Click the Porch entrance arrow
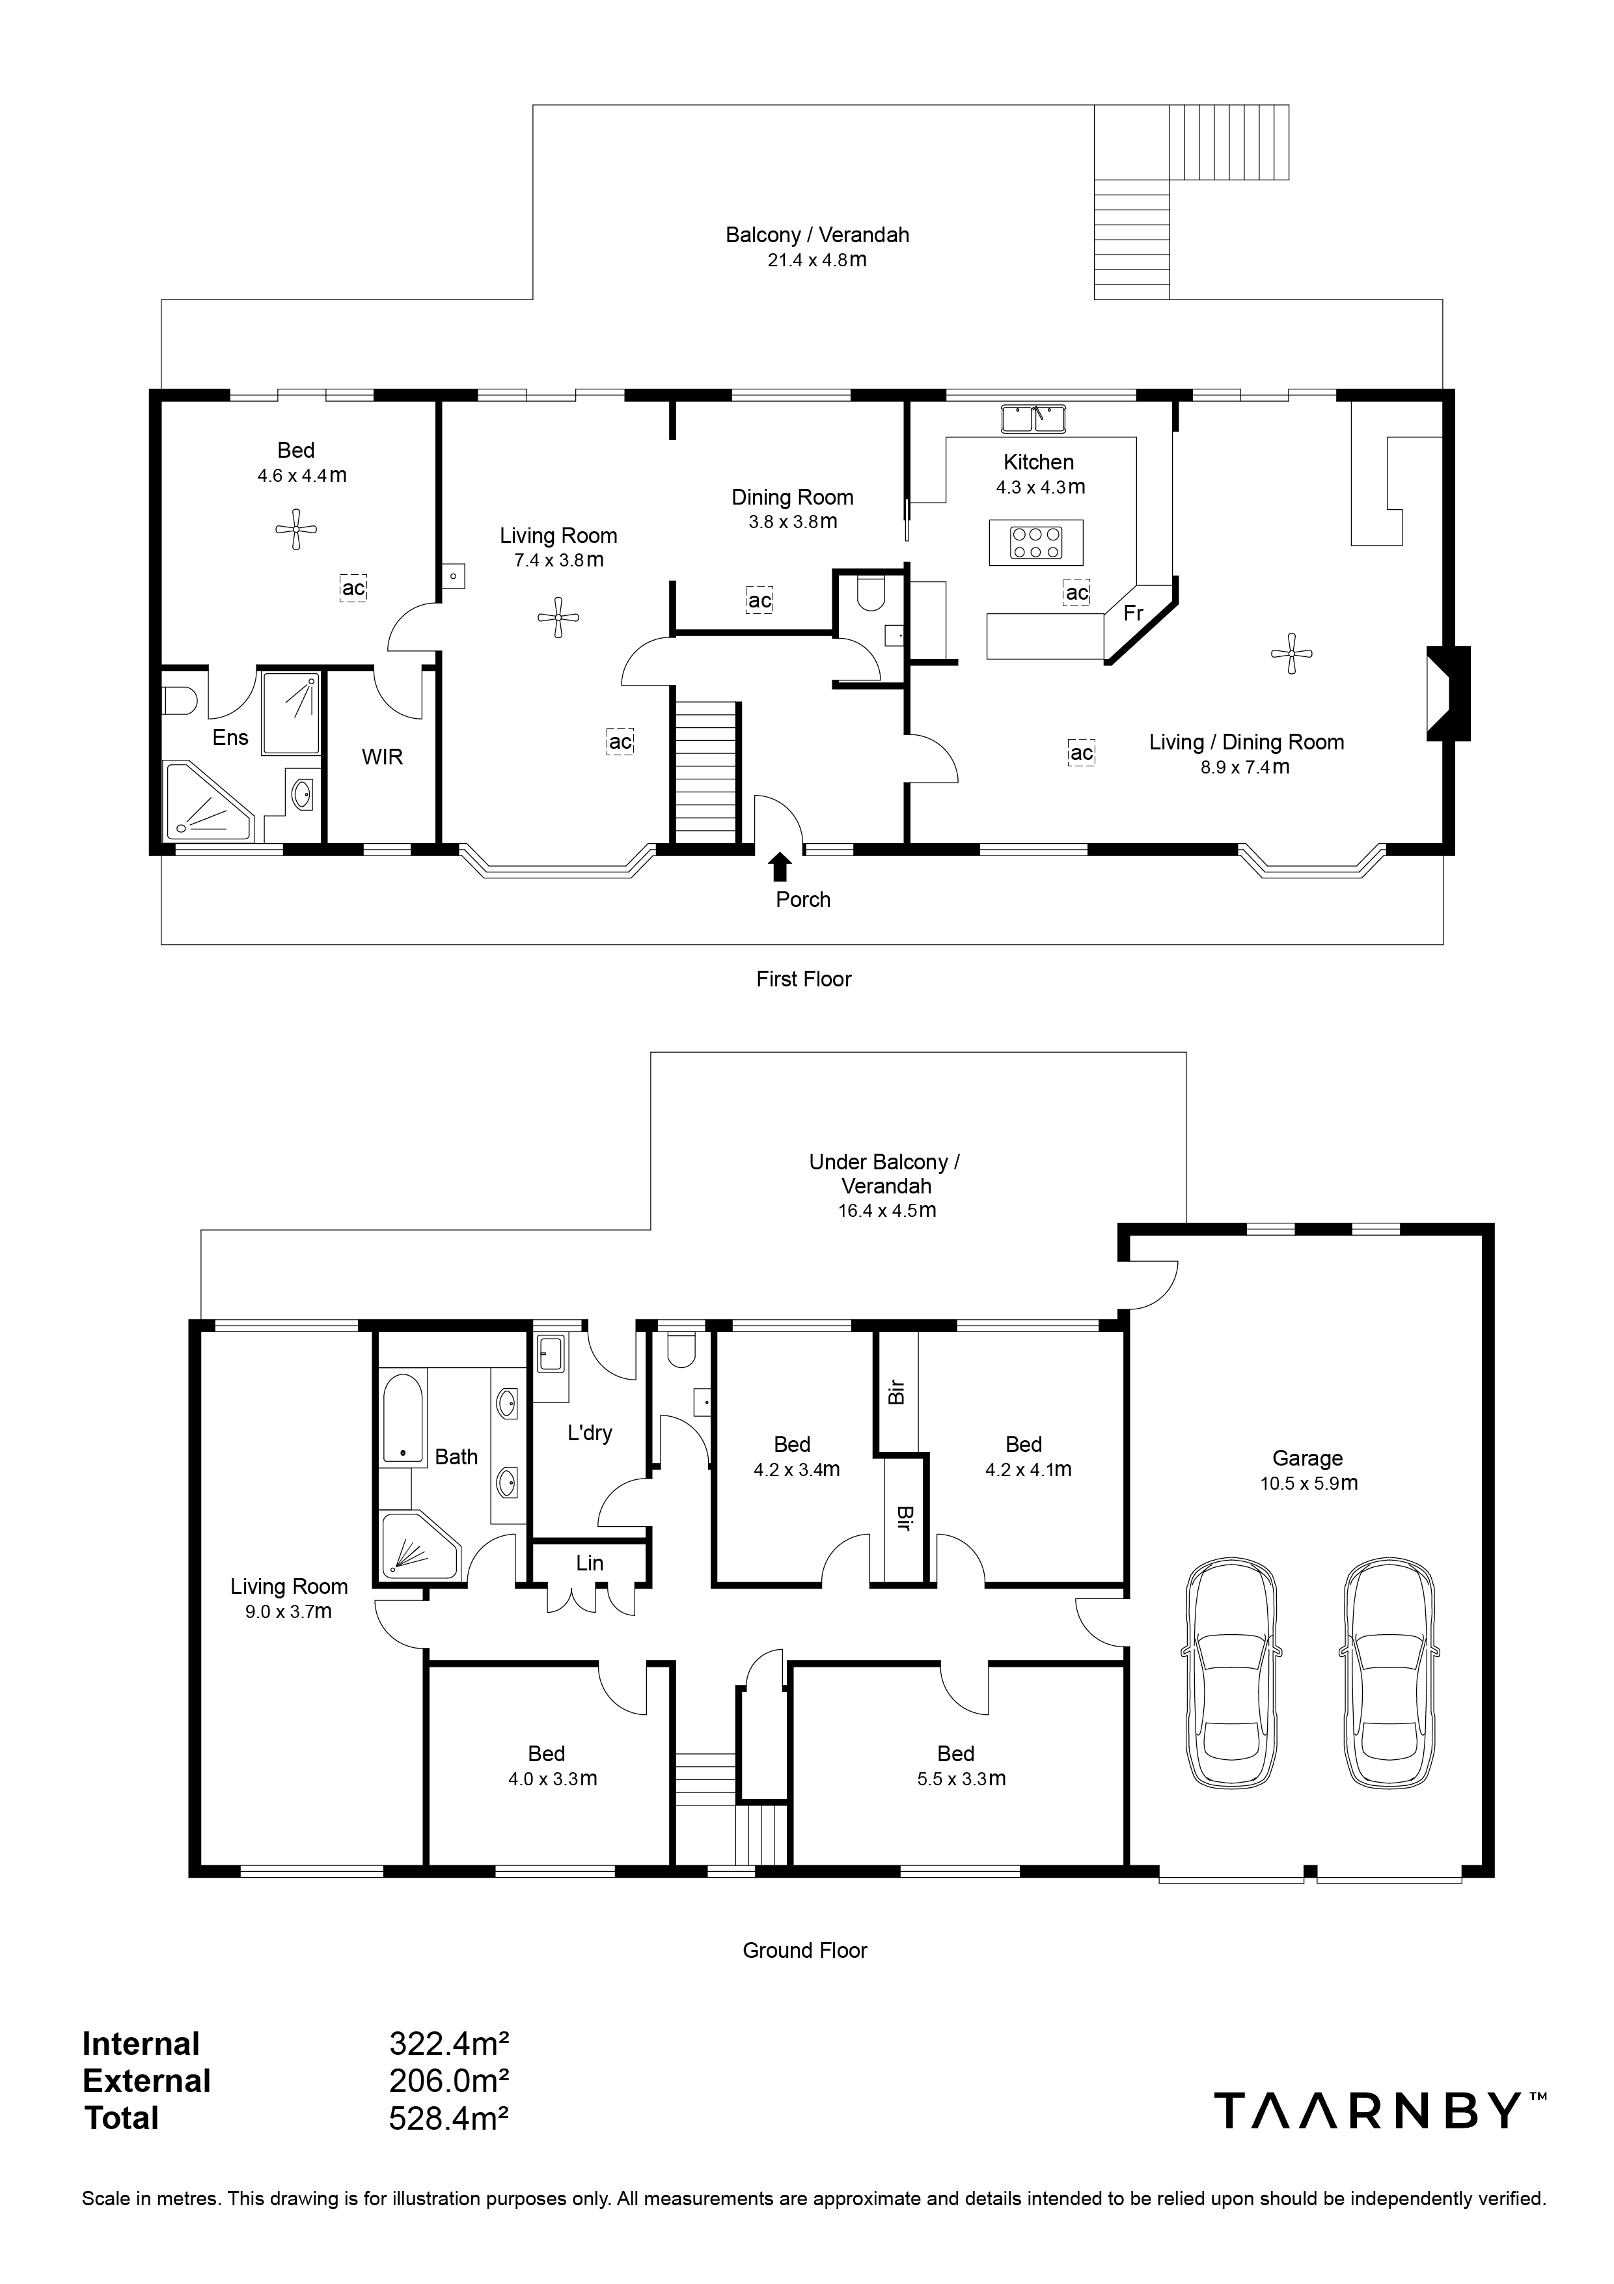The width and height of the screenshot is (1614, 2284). click(x=781, y=867)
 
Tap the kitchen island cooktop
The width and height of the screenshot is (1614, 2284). click(x=1037, y=543)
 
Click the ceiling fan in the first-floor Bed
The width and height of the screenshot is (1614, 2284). click(x=296, y=529)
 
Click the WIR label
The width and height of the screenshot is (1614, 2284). click(x=382, y=757)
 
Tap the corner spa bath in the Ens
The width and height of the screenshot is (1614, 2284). click(x=208, y=801)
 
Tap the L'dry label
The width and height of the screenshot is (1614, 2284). click(x=590, y=1434)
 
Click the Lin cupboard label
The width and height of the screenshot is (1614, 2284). click(x=590, y=1563)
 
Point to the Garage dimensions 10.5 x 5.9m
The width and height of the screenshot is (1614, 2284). click(x=1307, y=1483)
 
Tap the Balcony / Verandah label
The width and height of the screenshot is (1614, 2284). click(x=817, y=235)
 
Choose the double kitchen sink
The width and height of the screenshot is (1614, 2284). click(x=1033, y=418)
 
